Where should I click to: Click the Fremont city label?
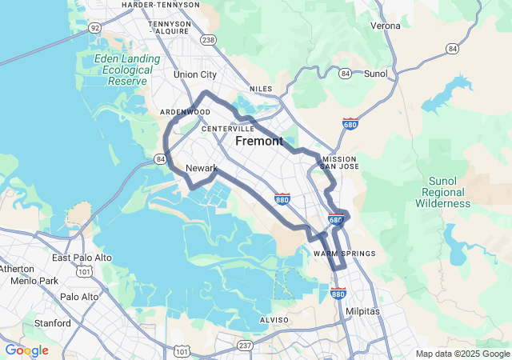click(x=258, y=142)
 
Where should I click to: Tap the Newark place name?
click(x=201, y=168)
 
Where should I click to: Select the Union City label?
click(x=195, y=74)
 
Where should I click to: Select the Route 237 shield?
click(x=244, y=345)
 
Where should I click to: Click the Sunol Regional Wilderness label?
click(x=442, y=192)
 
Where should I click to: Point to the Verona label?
click(x=385, y=26)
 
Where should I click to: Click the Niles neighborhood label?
click(x=261, y=89)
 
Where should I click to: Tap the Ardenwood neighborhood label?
click(x=184, y=112)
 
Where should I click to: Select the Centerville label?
click(x=228, y=129)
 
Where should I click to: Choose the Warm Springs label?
click(x=344, y=254)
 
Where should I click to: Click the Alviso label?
click(x=273, y=320)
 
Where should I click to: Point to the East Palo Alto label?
click(x=78, y=258)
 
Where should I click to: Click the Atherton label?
click(x=18, y=268)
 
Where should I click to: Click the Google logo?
click(x=26, y=350)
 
